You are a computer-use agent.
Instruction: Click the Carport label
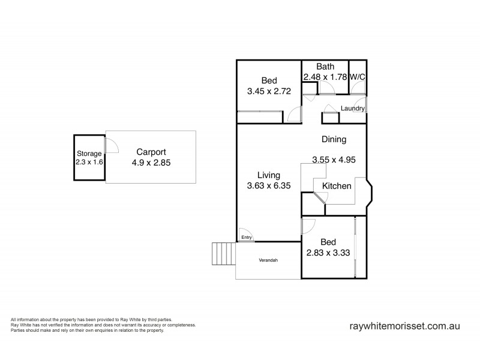[151, 152]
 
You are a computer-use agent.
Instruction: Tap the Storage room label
[89, 154]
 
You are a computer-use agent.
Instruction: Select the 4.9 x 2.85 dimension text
[151, 163]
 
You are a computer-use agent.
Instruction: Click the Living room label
[269, 175]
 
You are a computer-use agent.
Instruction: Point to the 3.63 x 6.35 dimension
[269, 186]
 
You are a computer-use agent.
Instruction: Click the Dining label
[334, 140]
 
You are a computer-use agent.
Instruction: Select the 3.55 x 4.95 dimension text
[334, 160]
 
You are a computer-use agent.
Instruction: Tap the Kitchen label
[337, 186]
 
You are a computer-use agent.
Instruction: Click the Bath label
[325, 67]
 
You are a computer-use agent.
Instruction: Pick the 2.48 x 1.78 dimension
[325, 77]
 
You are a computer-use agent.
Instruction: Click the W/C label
[358, 77]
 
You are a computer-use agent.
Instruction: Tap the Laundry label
[352, 109]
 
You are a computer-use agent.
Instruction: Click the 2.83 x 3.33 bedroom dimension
[328, 253]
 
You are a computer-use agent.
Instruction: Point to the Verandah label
[268, 260]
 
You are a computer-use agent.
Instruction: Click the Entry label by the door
[246, 238]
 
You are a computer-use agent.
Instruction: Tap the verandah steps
[223, 254]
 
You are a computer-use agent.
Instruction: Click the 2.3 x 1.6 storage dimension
[89, 162]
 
